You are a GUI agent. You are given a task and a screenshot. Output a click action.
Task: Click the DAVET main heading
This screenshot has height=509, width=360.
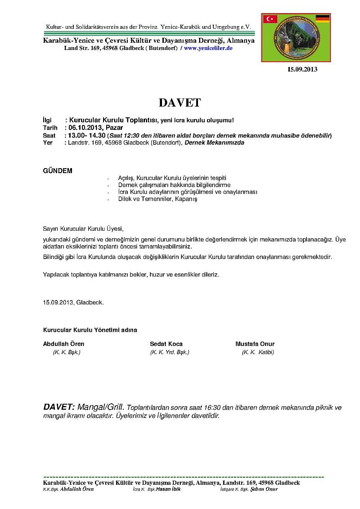coord(180,103)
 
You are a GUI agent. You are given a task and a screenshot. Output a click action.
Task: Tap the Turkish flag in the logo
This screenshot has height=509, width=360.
coord(270,19)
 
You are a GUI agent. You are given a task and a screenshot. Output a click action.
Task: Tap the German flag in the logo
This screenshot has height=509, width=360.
coord(322,18)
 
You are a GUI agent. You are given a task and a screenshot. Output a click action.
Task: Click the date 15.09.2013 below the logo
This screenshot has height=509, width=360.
coord(302,69)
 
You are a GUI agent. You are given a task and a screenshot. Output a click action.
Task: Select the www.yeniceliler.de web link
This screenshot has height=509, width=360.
coord(208,48)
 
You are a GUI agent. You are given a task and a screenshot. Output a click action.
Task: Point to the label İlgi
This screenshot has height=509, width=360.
coord(47,121)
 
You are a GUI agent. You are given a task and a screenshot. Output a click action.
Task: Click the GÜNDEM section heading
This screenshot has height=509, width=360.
coord(57,171)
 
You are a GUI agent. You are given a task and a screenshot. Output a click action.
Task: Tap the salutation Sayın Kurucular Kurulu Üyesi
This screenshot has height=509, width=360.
coord(83,228)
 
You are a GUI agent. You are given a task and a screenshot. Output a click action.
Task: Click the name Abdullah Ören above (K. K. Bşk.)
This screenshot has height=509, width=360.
coord(63,344)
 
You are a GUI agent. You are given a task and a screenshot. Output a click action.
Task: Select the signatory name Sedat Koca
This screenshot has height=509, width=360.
coord(166,344)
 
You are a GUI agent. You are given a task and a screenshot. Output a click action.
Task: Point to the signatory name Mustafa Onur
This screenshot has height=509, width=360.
coord(255,344)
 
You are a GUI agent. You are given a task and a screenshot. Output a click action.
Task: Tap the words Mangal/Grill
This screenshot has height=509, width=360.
coord(103,407)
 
